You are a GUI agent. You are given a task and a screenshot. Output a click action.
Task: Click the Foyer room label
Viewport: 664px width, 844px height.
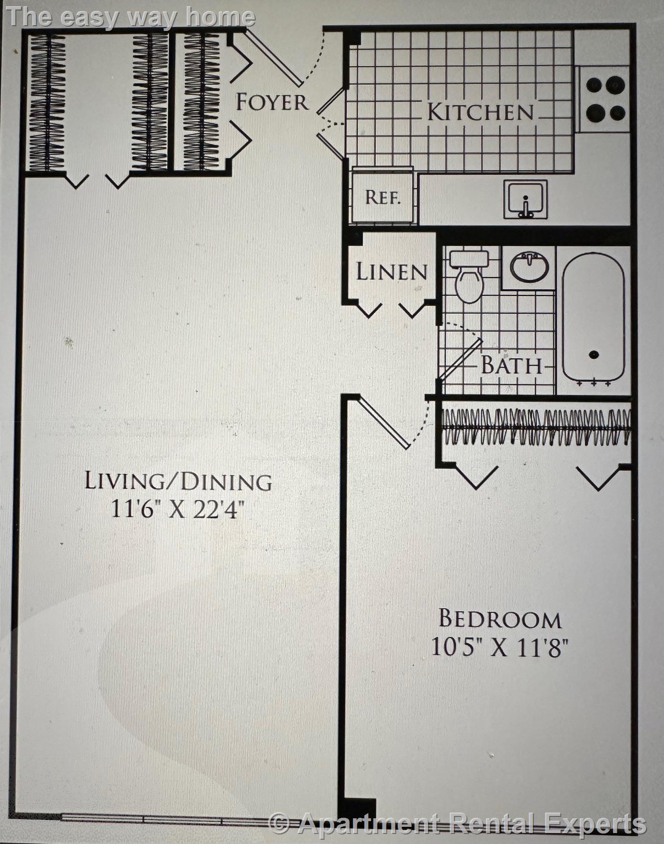tap(272, 102)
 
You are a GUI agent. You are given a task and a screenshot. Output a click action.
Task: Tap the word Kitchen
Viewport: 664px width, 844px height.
tap(480, 112)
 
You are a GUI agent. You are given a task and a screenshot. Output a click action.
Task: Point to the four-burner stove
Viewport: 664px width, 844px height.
tap(605, 99)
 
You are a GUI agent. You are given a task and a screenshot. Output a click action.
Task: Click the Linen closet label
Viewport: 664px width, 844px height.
tap(391, 272)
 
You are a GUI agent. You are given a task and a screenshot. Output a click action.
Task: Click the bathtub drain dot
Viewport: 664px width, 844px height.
tap(594, 354)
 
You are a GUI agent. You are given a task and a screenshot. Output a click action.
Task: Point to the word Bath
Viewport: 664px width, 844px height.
tap(512, 366)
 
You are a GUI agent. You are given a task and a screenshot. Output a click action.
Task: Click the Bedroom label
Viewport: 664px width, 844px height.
tap(500, 619)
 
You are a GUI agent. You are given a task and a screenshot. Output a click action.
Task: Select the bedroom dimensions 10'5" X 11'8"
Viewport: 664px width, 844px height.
tap(500, 647)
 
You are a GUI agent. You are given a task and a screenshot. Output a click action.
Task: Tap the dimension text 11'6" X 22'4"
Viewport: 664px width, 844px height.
tap(178, 510)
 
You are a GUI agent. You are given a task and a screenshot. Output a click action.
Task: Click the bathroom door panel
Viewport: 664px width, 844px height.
tap(461, 359)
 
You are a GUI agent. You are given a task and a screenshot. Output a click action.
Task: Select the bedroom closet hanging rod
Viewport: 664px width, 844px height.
tap(536, 428)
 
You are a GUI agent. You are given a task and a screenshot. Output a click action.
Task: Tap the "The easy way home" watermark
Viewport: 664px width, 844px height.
tap(131, 18)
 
